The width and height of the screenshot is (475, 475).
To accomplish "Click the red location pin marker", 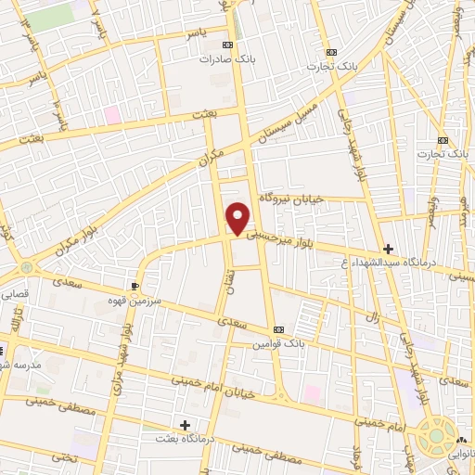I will tap(239, 218).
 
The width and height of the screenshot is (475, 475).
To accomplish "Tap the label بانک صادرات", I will tap(227, 58).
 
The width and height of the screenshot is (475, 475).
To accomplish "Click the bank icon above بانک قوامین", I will tap(279, 330).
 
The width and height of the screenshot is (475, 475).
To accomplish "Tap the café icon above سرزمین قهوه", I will tap(137, 286).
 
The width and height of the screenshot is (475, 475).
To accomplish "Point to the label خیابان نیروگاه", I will tap(289, 197).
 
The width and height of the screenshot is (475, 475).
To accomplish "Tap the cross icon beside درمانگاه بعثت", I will tap(186, 424).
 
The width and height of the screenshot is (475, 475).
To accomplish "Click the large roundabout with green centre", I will tap(436, 436).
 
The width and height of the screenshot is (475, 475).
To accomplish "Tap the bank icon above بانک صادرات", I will tap(227, 45).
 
